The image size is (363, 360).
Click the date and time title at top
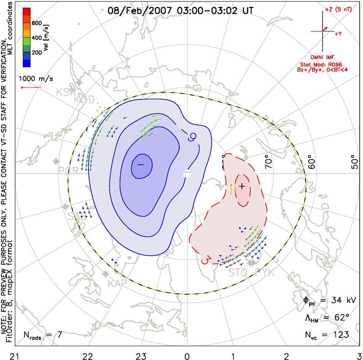pyautogui.click(x=180, y=10)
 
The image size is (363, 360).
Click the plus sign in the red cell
pyautogui.click(x=242, y=186)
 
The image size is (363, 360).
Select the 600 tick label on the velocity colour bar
pyautogui.click(x=37, y=24)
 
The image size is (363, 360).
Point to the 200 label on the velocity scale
pyautogui.click(x=37, y=53)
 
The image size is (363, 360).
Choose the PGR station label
pyautogui.click(x=68, y=171)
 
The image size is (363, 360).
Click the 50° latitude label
pyautogui.click(x=353, y=160)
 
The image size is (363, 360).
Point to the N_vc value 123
pyautogui.click(x=340, y=335)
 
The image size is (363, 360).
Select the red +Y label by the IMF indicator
pyautogui.click(x=338, y=34)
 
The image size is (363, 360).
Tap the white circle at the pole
pyautogui.click(x=186, y=173)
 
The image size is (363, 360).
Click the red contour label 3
pyautogui.click(x=204, y=260)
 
